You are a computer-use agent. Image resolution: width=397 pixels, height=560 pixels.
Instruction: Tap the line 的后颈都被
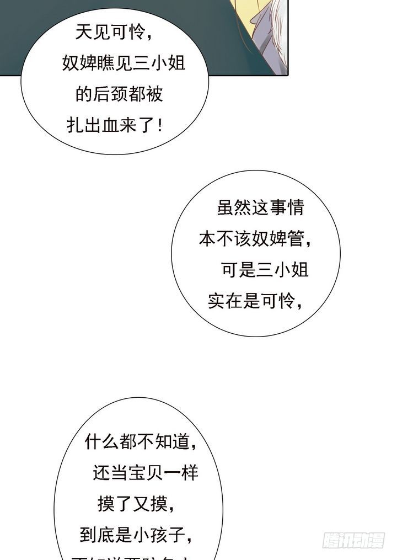click(x=119, y=94)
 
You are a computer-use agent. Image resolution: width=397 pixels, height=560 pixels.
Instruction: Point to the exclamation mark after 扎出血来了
click(x=160, y=125)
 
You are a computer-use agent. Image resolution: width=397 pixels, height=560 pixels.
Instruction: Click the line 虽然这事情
click(x=260, y=209)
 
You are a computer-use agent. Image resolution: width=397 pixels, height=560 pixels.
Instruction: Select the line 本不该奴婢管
click(x=255, y=239)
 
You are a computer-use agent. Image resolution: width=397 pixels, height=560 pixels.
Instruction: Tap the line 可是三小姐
click(x=264, y=270)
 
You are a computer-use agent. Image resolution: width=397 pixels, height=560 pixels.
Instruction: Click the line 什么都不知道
click(x=141, y=442)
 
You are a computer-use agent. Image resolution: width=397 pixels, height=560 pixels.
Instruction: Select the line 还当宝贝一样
click(x=145, y=473)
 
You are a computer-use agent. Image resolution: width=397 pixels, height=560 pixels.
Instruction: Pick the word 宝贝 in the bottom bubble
click(x=145, y=473)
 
